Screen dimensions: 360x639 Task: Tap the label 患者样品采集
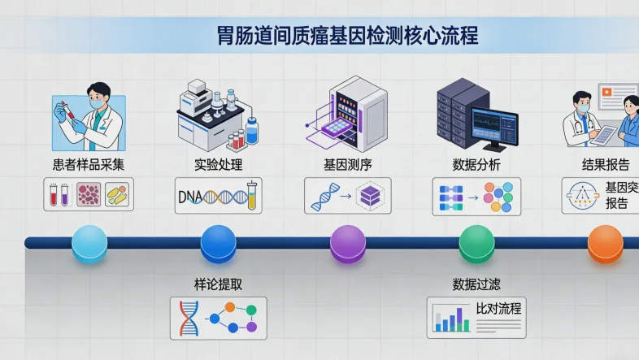89,165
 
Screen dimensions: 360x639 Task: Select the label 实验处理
218,165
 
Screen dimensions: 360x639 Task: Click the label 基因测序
347,165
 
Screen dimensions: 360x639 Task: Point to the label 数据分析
476,165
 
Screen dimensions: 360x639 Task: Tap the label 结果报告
606,165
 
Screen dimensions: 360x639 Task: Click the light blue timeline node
89,243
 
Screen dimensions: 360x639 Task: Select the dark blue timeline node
218,243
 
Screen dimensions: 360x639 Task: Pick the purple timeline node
347,243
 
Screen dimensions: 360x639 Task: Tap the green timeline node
476,243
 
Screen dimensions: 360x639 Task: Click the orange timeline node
605,243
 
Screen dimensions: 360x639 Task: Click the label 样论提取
218,284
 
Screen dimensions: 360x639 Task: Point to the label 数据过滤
476,284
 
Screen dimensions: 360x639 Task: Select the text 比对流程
498,309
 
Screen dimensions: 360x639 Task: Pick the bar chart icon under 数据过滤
450,319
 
